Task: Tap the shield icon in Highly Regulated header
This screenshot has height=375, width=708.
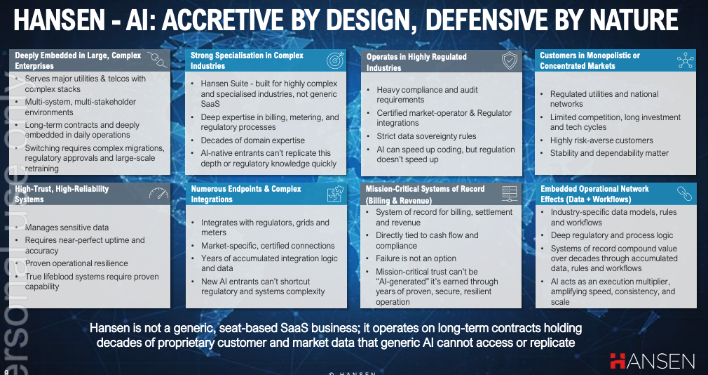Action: (x=509, y=60)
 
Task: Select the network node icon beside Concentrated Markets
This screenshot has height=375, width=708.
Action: (x=685, y=60)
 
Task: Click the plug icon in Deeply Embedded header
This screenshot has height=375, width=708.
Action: (x=158, y=59)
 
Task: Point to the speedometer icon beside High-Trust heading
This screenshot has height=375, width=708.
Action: (x=158, y=194)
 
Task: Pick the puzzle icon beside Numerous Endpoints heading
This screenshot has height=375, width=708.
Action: (x=335, y=194)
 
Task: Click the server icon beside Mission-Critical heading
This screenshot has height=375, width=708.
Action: (x=510, y=194)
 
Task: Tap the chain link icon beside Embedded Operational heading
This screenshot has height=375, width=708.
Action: (x=685, y=194)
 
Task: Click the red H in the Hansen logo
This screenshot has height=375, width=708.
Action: (x=618, y=361)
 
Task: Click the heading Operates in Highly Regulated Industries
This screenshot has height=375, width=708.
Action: (x=416, y=63)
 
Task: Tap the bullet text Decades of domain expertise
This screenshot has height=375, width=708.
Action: (x=252, y=140)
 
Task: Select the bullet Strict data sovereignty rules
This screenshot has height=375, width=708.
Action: (x=426, y=136)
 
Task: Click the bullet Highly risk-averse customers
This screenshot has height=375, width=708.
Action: (x=601, y=140)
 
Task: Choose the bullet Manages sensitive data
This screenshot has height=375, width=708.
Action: (x=67, y=228)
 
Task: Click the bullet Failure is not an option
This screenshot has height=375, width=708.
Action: (x=416, y=258)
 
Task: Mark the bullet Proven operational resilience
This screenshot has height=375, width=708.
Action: (x=76, y=263)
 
